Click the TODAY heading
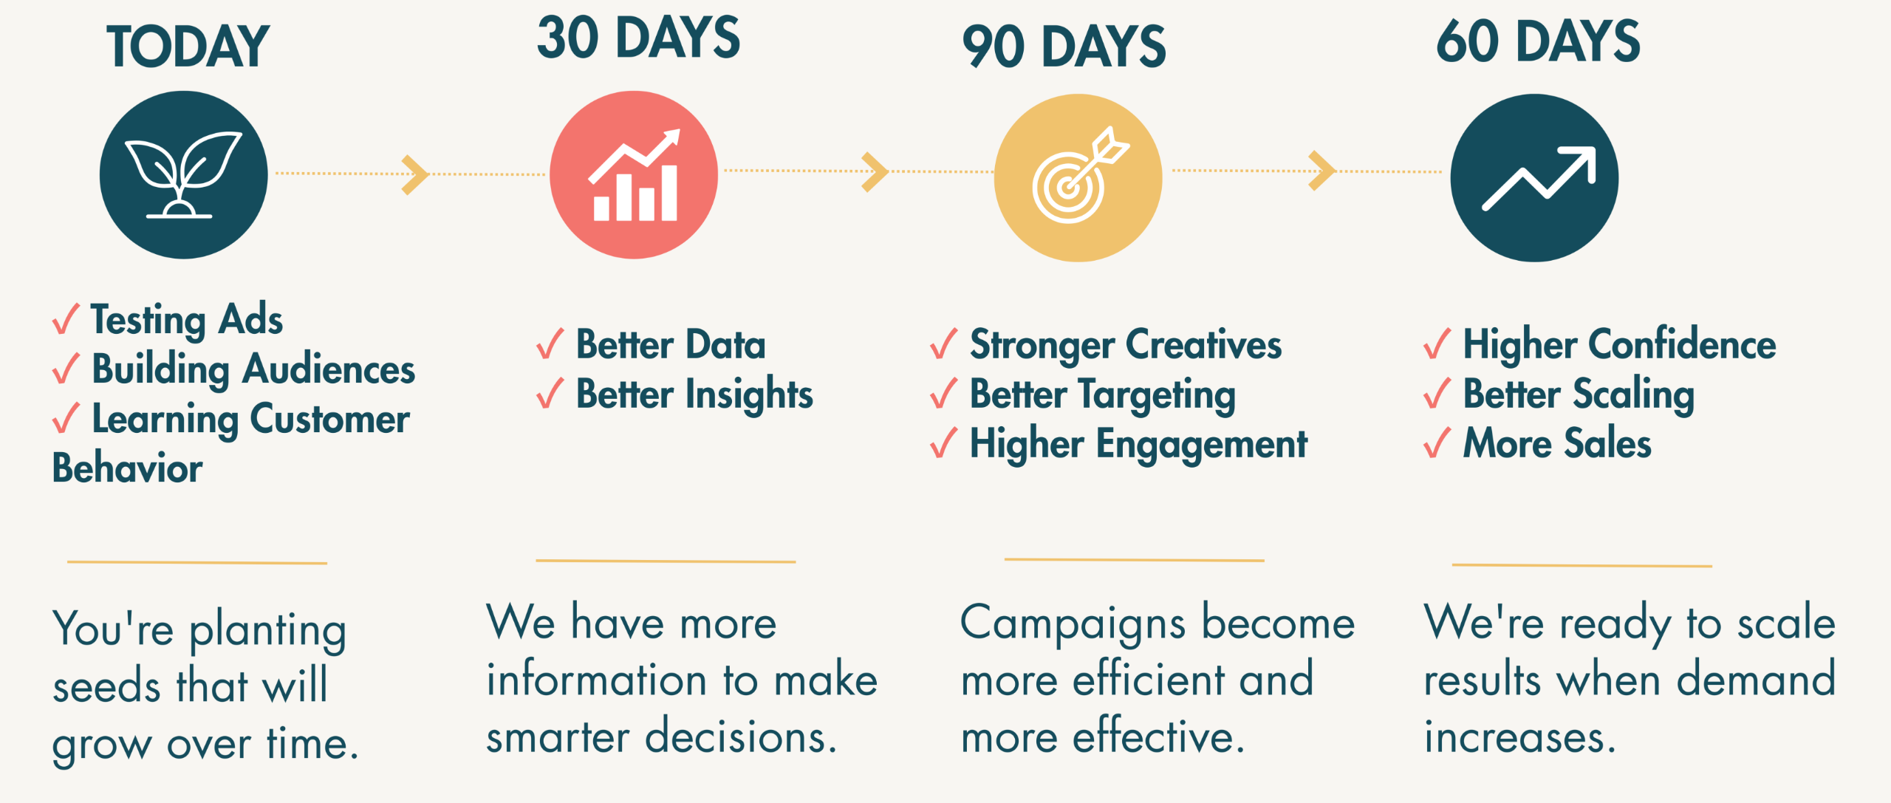click(188, 47)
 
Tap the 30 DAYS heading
click(638, 38)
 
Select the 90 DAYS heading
click(1064, 47)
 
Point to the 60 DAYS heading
click(1538, 41)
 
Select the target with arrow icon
click(1080, 176)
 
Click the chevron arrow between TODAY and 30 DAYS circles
click(415, 175)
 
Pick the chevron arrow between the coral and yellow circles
click(875, 172)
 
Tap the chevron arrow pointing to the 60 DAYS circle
click(1322, 171)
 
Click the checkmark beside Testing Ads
click(66, 319)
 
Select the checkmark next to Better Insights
click(550, 393)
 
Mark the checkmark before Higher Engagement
click(944, 442)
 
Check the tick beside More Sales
click(1437, 442)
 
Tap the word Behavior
click(127, 468)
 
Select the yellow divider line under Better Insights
click(666, 561)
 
